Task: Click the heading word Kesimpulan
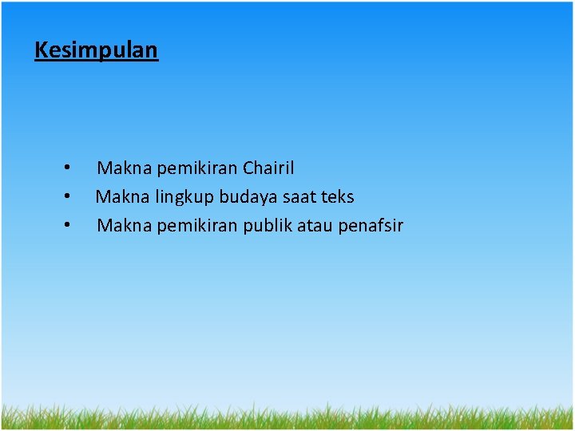coord(97,51)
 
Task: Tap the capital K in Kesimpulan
coord(41,49)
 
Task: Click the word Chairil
coord(268,168)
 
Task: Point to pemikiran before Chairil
coord(197,168)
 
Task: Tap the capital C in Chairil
coord(248,168)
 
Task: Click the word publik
coord(268,226)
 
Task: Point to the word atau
coord(315,226)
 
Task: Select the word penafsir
coord(371,226)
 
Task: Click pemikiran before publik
coord(197,226)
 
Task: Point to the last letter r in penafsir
coord(400,226)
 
